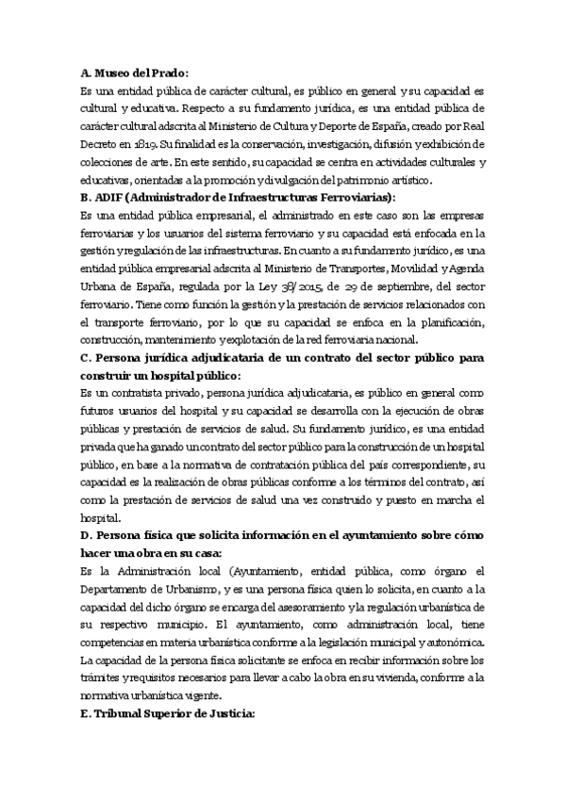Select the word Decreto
(100, 144)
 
